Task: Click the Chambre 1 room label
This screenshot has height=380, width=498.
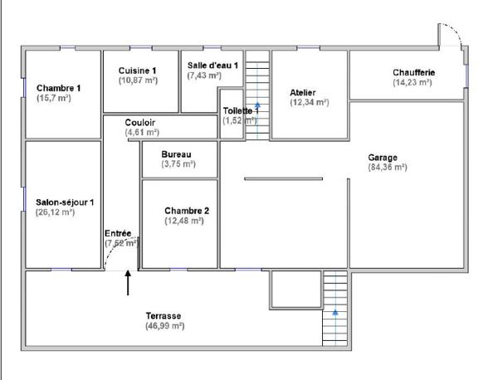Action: coord(58,88)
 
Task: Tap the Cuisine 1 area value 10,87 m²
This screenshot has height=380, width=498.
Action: coord(138,81)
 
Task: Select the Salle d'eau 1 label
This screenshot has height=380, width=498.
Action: coord(212,65)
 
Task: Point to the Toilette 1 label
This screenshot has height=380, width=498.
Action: coord(241,110)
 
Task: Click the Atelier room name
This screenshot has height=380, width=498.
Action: coord(303,92)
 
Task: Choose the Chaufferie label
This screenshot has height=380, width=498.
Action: coord(413,72)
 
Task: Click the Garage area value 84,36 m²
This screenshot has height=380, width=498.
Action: coord(387,167)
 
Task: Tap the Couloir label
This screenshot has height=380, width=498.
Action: coord(141,122)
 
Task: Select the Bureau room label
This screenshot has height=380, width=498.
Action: coord(178,153)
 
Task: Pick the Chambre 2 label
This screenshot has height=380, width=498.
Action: coord(186,211)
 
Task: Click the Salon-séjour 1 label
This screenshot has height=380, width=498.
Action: coord(65,202)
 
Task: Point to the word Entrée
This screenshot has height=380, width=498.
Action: coord(118,233)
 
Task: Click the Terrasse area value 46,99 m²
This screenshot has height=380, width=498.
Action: coord(164,326)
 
